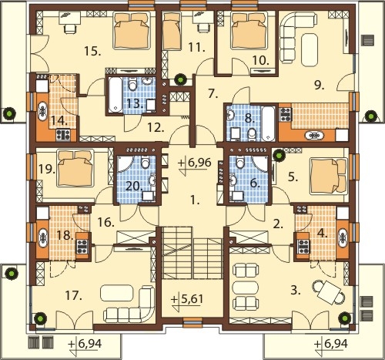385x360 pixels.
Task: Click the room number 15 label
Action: coord(92,52)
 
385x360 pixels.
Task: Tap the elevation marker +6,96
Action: coord(195,163)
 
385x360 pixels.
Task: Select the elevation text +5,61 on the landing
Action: coord(187,299)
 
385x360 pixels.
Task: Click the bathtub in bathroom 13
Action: coord(115,95)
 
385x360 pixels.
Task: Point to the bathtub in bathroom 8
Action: coord(269,123)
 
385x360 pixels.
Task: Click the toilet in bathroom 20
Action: coord(146,162)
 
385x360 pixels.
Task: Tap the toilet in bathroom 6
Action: coord(240,162)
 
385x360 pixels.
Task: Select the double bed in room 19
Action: coord(75,168)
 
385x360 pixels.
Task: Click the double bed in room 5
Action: coord(329,176)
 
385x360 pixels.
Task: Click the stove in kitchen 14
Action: coord(63,136)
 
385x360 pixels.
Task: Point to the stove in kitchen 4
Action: coord(303,246)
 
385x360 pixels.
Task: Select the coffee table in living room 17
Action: coord(117,293)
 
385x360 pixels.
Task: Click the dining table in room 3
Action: coord(328,291)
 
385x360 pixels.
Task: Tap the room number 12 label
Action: coord(156,127)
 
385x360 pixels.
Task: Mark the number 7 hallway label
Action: coord(213,94)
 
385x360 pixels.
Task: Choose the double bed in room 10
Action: coord(249,31)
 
